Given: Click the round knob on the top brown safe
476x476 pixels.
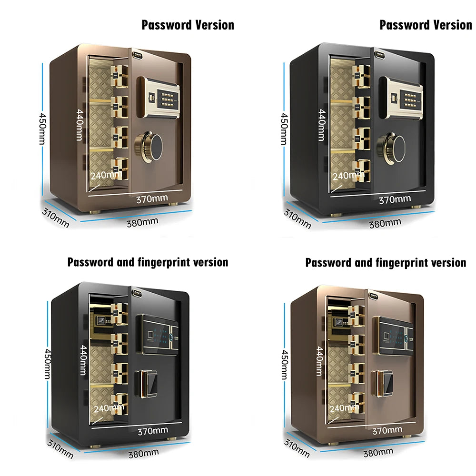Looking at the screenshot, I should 149,146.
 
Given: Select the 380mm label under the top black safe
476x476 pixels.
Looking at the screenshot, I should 385,222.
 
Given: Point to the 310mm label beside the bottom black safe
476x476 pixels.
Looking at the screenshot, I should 60,448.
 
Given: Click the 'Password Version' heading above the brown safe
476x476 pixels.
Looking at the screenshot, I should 188,25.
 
